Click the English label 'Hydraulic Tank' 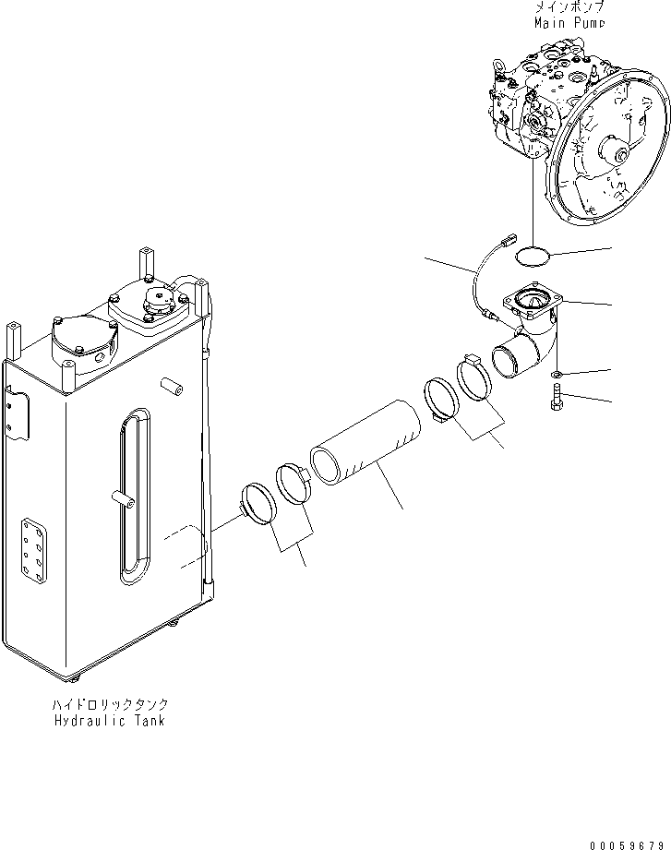click(x=110, y=720)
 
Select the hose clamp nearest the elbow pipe click(x=477, y=380)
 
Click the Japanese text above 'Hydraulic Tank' click(x=110, y=704)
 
